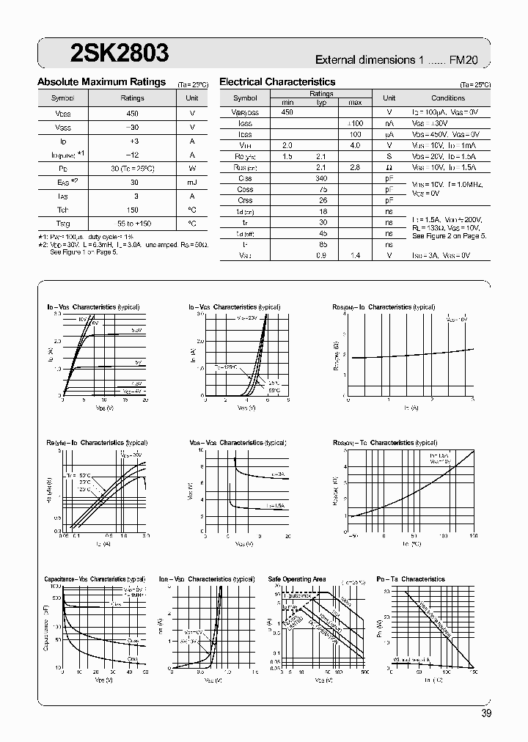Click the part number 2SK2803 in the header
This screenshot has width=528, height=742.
coord(109,53)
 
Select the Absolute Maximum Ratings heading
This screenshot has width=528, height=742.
coord(101,82)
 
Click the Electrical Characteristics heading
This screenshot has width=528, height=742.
coord(277,82)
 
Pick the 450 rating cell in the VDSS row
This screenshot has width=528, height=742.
coord(132,114)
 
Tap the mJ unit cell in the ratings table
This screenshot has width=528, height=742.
coord(191,183)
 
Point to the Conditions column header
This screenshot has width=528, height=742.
coord(448,98)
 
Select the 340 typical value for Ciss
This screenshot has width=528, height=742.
coord(320,178)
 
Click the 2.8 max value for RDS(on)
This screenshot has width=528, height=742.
coord(355,167)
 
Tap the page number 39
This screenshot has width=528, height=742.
coord(486,713)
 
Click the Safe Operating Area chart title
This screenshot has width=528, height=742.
coord(297,579)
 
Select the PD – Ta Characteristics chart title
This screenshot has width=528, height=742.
coord(410,579)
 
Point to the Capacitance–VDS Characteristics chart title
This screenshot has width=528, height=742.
coord(95,579)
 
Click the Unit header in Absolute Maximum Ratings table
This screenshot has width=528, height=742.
coord(191,98)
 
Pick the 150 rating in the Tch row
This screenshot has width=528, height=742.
coord(132,210)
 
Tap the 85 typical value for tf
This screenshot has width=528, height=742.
coord(320,244)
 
